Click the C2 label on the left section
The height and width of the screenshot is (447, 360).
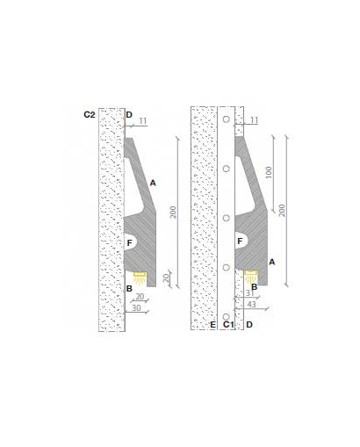(x=90, y=115)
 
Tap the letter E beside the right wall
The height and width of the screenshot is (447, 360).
(x=212, y=324)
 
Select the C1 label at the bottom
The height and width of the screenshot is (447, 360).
(x=228, y=324)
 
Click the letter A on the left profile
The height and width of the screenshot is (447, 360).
(x=153, y=184)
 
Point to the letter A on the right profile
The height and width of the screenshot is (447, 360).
(x=272, y=262)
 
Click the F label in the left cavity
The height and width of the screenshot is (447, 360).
(x=130, y=242)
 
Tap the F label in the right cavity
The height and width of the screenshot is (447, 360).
(x=240, y=242)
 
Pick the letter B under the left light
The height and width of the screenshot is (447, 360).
(x=129, y=289)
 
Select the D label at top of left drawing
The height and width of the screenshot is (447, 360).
(x=129, y=115)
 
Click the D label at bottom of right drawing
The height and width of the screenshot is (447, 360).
(x=249, y=324)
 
